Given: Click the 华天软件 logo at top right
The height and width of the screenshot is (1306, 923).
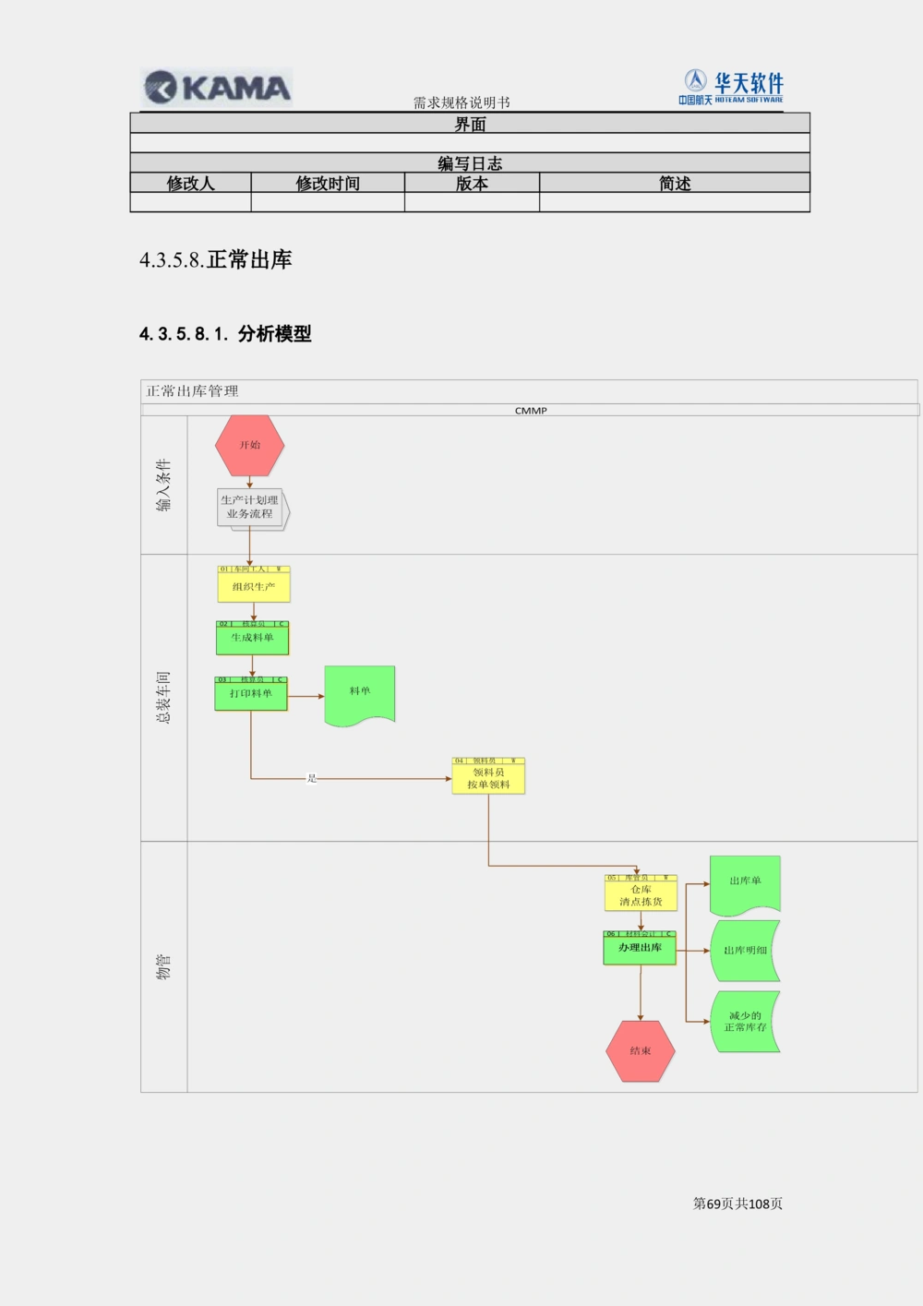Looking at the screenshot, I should coord(733,87).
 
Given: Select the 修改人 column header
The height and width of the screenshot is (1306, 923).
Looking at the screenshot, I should coord(190,183).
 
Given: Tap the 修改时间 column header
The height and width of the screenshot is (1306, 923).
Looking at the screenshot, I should coord(328,183).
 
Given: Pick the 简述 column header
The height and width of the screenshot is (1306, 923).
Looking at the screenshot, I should coord(675,183).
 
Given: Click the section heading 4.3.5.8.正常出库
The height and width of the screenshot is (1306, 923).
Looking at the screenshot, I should coord(215,259).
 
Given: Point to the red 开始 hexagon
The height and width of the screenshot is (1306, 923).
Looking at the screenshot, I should coord(250,445).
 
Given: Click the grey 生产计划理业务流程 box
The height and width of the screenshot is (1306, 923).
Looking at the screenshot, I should coord(251,508).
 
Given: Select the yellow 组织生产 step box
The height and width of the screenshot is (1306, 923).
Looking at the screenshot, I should coord(254,585).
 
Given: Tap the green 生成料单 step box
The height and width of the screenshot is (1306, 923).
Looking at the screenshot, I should coord(252,638).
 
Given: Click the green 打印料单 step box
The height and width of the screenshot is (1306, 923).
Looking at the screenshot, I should coord(251,693).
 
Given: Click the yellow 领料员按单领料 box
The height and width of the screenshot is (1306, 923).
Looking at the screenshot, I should coord(488,777).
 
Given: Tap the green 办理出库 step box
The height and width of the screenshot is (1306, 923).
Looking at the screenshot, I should coord(640,949).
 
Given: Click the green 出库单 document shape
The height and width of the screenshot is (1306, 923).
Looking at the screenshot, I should coord(745,883).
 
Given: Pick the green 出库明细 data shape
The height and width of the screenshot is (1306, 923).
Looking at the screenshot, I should coord(746,950).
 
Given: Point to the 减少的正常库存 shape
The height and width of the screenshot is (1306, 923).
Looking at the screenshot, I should coord(746,1021).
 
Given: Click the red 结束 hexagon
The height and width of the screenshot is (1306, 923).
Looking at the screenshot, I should coord(641,1050).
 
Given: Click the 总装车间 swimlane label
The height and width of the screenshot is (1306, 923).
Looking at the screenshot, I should coord(163,697).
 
